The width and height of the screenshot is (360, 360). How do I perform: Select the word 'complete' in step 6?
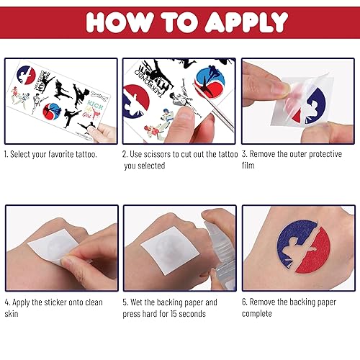click(x=258, y=313)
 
